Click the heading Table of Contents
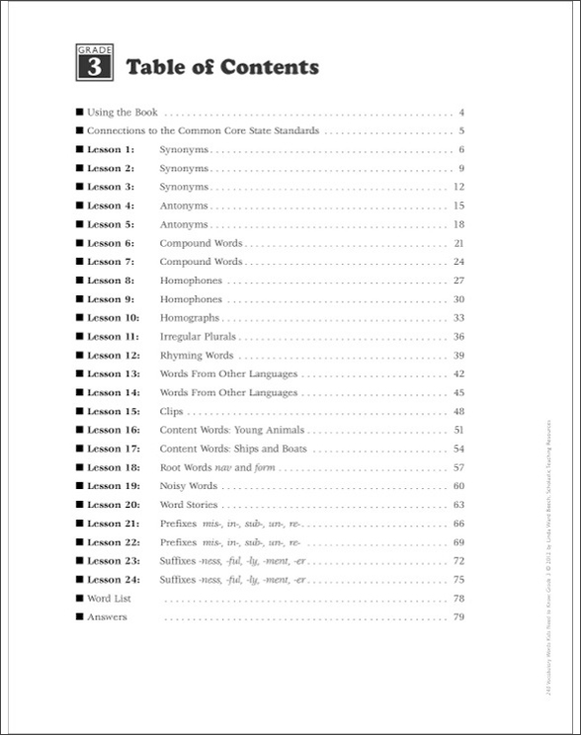[x=221, y=67]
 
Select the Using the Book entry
[x=123, y=113]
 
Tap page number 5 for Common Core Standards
[x=461, y=131]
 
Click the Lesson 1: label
[x=110, y=150]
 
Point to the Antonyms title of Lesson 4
[x=184, y=206]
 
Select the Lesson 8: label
[x=110, y=281]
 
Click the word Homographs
[x=190, y=318]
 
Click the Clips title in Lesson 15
[x=172, y=412]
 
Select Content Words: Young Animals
[x=232, y=431]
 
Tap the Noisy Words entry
[x=189, y=486]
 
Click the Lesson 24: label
[x=113, y=580]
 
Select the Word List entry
[x=110, y=599]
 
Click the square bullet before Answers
[x=79, y=617]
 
